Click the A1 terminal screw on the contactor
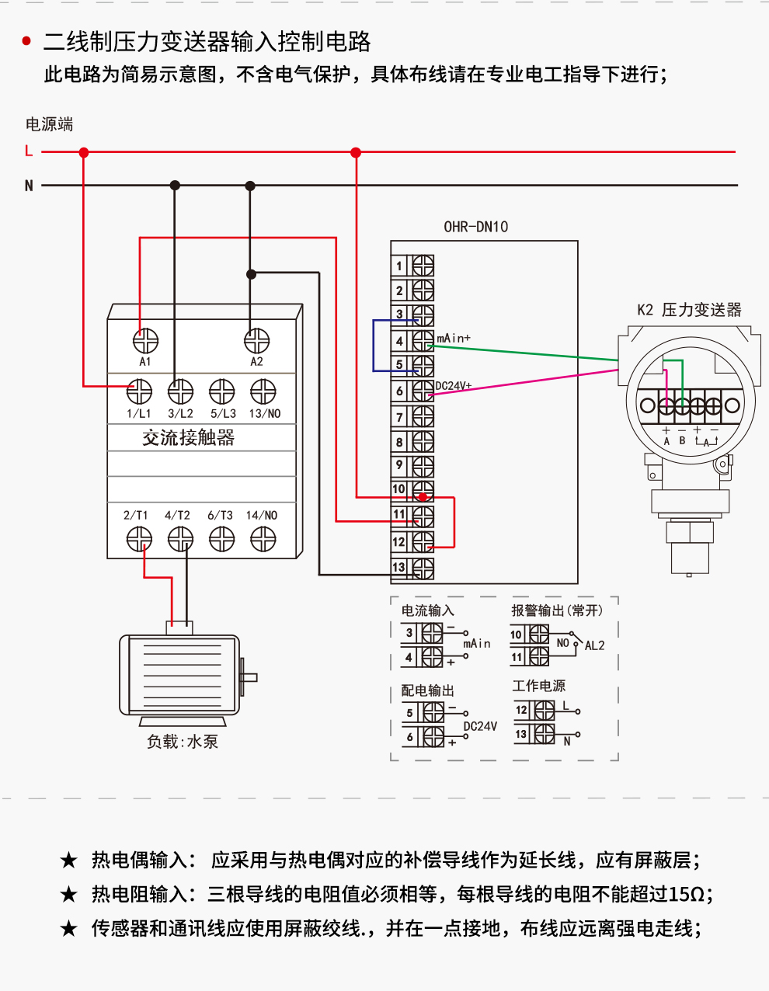pyautogui.click(x=145, y=341)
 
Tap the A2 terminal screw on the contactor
pyautogui.click(x=256, y=341)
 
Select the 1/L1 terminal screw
pyautogui.click(x=140, y=391)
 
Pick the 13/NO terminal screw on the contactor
pyautogui.click(x=263, y=391)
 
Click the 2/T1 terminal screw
pyautogui.click(x=139, y=538)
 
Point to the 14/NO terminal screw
pyautogui.click(x=263, y=538)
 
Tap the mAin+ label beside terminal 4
pyautogui.click(x=454, y=339)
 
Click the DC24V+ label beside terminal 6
pyautogui.click(x=454, y=386)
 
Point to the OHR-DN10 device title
pyautogui.click(x=475, y=227)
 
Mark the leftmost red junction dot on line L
pyautogui.click(x=84, y=153)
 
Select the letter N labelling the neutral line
pyautogui.click(x=29, y=186)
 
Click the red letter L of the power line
pyautogui.click(x=29, y=151)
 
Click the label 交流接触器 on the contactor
pyautogui.click(x=188, y=438)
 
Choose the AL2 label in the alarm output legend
pyautogui.click(x=594, y=645)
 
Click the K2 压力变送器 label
pyautogui.click(x=689, y=310)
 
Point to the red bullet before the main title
pyautogui.click(x=26, y=41)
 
